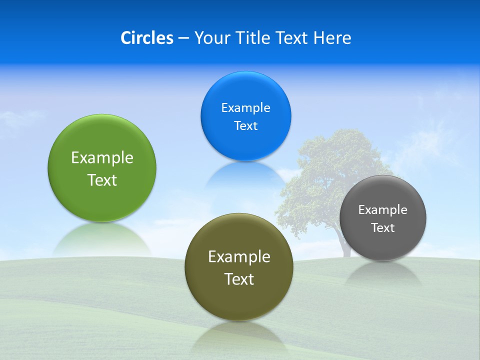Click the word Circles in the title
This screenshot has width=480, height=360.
(146, 38)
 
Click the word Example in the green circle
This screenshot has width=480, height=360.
(102, 158)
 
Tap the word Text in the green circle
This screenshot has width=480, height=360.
(102, 180)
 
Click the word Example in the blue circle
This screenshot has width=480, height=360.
(245, 108)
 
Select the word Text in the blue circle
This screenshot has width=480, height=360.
(245, 126)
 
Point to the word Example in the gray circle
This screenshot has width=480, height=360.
(382, 210)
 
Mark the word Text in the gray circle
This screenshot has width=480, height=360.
(382, 228)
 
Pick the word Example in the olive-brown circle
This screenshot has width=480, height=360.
(239, 257)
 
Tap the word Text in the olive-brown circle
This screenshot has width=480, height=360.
(239, 279)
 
